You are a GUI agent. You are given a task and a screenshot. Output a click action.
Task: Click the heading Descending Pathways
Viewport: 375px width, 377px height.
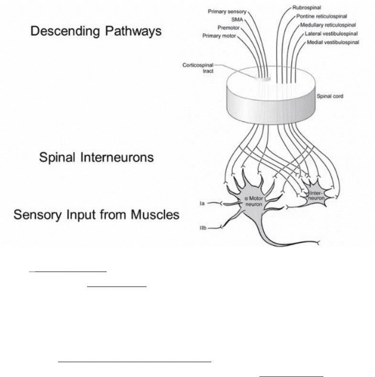(x=96, y=32)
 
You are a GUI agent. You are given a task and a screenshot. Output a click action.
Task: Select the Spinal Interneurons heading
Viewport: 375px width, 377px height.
(x=96, y=158)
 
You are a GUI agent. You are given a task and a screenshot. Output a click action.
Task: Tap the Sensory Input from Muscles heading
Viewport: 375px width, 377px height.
(x=96, y=215)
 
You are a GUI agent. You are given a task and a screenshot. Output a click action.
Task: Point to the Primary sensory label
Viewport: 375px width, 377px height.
(x=227, y=11)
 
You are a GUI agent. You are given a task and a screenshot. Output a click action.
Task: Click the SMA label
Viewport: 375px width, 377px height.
(x=237, y=20)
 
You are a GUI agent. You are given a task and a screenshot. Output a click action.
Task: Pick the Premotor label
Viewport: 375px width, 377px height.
(x=229, y=28)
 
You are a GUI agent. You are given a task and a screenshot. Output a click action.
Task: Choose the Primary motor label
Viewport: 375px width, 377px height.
(x=219, y=36)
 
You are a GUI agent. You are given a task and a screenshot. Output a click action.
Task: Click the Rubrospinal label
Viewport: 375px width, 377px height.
(x=307, y=8)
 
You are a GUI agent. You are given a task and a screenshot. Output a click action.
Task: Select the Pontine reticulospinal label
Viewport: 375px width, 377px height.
(x=321, y=16)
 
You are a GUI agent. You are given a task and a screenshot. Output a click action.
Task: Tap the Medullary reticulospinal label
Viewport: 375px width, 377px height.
(x=328, y=25)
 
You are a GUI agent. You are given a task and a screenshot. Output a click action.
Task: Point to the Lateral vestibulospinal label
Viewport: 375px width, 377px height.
(x=331, y=33)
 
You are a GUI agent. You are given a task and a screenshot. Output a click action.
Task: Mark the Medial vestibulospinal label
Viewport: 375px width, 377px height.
(x=333, y=42)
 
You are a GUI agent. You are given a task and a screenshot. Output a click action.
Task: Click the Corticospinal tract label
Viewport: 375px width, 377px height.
(x=198, y=68)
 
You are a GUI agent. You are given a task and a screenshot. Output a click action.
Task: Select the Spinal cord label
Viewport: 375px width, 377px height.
(x=330, y=96)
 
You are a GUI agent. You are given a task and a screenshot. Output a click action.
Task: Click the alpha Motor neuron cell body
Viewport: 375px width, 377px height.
(x=253, y=202)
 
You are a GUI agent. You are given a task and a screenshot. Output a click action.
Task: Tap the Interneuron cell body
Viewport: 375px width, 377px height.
(x=315, y=195)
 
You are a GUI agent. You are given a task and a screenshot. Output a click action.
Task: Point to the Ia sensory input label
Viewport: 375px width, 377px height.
(x=202, y=204)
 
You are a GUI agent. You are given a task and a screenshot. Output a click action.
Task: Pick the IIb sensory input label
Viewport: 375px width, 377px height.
(x=203, y=228)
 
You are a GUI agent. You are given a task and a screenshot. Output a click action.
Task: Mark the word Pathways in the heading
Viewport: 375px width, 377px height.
(x=133, y=32)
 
